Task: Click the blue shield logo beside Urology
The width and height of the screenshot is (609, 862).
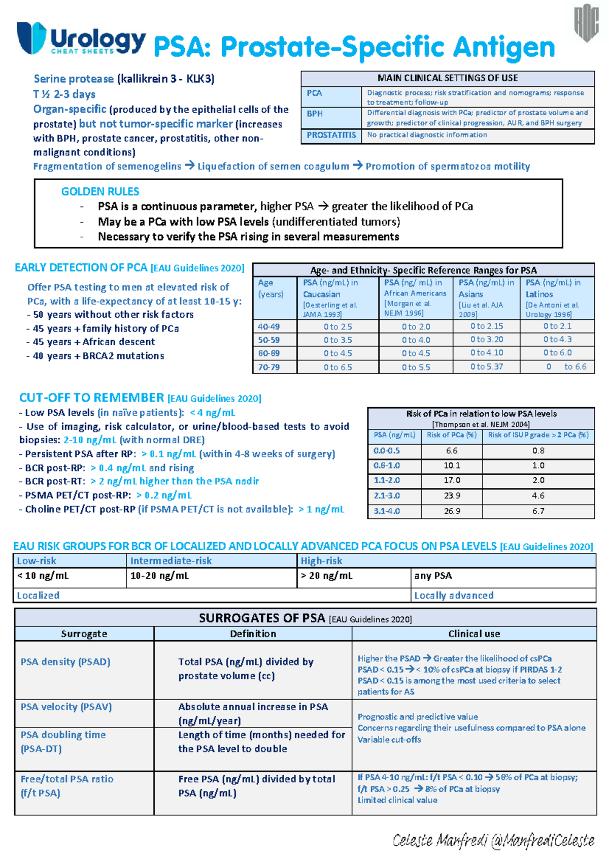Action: (x=31, y=38)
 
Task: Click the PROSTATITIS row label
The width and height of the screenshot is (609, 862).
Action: (x=331, y=135)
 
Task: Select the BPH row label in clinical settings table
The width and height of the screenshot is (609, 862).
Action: (x=315, y=114)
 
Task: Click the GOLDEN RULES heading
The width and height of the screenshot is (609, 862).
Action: (x=100, y=191)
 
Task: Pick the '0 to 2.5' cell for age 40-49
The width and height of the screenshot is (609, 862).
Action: (x=337, y=326)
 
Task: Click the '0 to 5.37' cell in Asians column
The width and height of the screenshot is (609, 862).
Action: (x=486, y=366)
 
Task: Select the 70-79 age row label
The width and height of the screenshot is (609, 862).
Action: (x=268, y=367)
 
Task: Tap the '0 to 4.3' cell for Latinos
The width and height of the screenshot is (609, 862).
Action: (x=557, y=339)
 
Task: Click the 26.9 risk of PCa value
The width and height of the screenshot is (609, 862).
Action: (x=452, y=511)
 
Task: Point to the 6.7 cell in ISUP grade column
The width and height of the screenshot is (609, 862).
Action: (x=538, y=511)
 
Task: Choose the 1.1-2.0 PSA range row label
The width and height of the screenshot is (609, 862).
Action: (x=387, y=480)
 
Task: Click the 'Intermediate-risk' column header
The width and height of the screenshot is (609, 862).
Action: (x=171, y=560)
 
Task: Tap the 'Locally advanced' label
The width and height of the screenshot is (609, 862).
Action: (x=454, y=595)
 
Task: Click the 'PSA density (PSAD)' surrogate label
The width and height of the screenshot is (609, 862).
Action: (x=65, y=661)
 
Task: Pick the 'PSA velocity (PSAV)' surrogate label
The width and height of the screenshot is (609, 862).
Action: (x=66, y=707)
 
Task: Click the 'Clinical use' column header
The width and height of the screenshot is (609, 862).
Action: (x=474, y=634)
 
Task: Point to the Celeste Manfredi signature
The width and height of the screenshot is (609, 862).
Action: (x=493, y=841)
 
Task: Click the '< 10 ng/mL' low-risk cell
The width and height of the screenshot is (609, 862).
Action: (x=43, y=576)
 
